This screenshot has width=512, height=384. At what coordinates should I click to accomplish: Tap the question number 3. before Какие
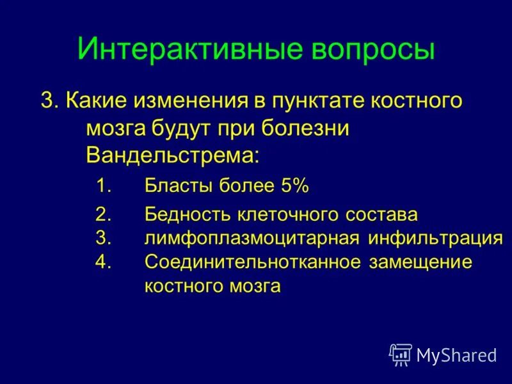pyautogui.click(x=50, y=101)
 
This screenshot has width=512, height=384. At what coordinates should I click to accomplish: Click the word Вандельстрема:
pyautogui.click(x=173, y=154)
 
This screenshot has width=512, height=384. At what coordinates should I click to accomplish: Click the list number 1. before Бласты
pyautogui.click(x=104, y=186)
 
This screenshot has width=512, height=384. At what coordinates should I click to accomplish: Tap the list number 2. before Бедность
pyautogui.click(x=104, y=214)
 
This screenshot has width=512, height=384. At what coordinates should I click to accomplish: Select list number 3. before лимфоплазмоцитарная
pyautogui.click(x=104, y=238)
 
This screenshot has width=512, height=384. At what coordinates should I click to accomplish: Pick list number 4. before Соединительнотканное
pyautogui.click(x=104, y=262)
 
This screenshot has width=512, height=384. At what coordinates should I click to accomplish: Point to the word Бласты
pyautogui.click(x=176, y=186)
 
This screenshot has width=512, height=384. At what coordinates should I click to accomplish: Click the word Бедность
pyautogui.click(x=186, y=214)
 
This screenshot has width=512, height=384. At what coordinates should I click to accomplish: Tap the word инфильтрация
pyautogui.click(x=435, y=238)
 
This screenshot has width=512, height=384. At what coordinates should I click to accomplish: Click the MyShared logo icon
pyautogui.click(x=401, y=354)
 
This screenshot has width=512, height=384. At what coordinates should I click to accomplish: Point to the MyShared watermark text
pyautogui.click(x=456, y=355)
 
